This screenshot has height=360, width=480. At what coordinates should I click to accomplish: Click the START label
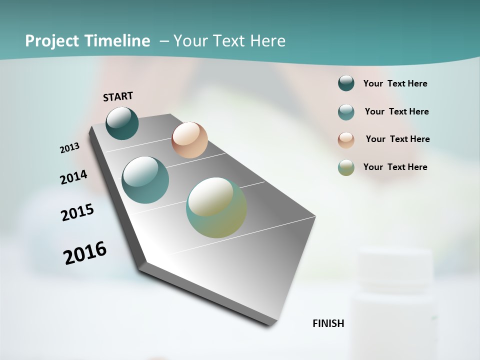118,96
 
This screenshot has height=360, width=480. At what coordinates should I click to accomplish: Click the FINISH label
328,323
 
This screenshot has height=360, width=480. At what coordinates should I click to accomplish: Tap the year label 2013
69,148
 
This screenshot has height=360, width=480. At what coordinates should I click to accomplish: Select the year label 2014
73,177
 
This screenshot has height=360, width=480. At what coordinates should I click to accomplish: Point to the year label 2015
77,212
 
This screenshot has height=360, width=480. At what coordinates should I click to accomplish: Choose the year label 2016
85,252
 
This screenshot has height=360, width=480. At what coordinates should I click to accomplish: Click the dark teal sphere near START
122,123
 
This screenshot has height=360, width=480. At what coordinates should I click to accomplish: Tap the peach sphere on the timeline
189,140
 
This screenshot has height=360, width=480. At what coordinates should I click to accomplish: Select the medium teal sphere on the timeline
145,180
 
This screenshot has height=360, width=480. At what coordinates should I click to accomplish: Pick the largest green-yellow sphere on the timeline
216,207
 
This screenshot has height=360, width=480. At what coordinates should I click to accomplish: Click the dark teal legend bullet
346,83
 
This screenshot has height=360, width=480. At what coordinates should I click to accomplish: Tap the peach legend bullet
346,139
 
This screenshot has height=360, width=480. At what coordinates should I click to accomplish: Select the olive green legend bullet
346,167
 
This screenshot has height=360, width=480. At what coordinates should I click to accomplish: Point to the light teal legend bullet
346,112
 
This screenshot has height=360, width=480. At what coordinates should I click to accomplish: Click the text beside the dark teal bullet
395,83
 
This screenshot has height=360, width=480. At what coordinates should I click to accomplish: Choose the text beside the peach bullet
397,139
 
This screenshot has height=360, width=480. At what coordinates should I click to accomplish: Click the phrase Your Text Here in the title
229,41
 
